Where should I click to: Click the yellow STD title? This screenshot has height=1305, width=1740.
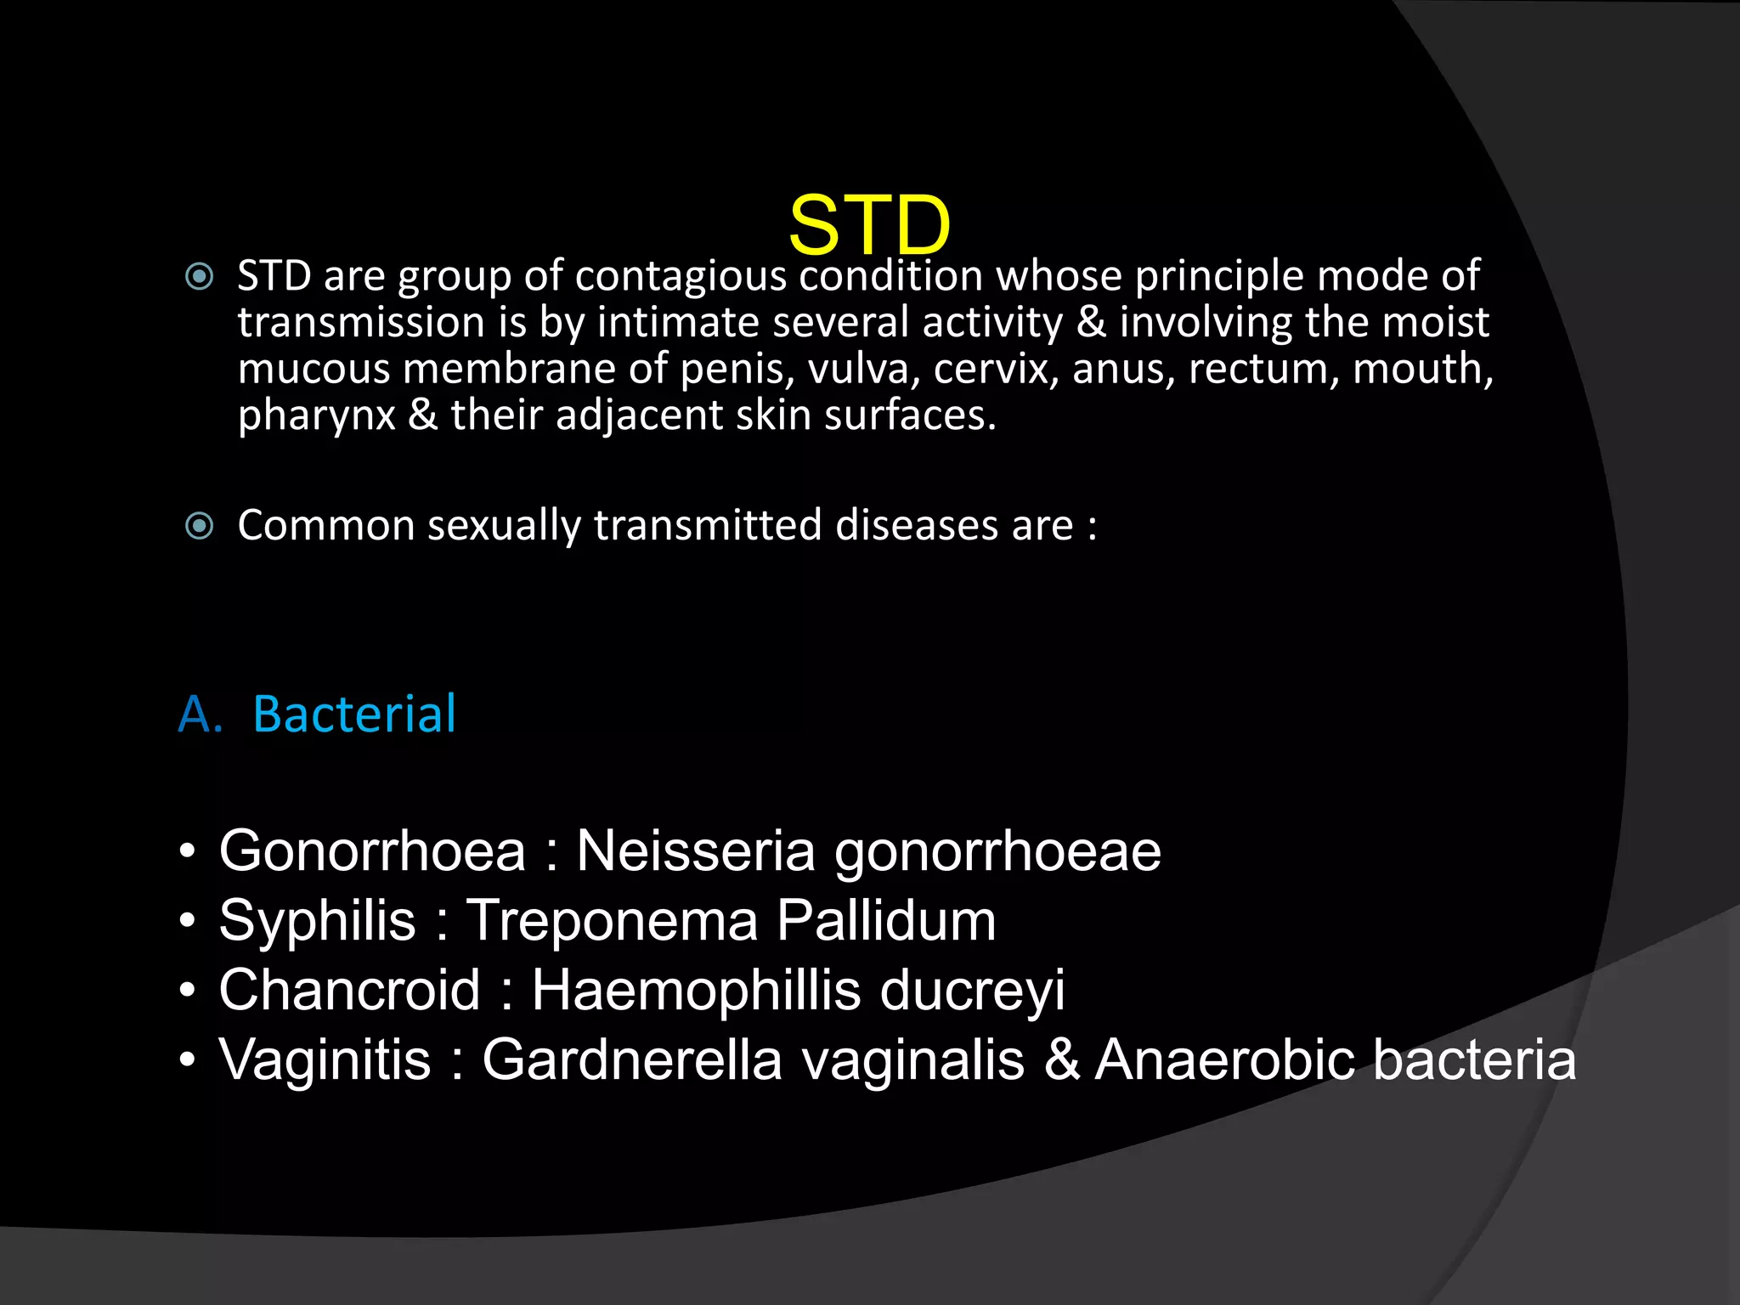[x=869, y=224]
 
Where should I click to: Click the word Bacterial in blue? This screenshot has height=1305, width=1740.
[x=354, y=714]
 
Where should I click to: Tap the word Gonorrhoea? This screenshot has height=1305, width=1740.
[x=372, y=850]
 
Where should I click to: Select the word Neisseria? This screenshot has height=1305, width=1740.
[x=696, y=850]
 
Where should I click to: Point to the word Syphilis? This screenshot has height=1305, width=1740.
[x=317, y=921]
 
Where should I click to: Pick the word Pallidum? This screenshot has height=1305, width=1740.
[x=886, y=921]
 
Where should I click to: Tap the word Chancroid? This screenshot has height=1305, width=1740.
[x=349, y=991]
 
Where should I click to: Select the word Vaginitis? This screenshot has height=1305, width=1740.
[x=325, y=1060]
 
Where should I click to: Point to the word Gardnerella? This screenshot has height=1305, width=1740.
[x=632, y=1060]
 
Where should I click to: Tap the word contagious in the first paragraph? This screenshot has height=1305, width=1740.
[x=681, y=277]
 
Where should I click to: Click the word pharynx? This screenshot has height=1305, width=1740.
[x=316, y=416]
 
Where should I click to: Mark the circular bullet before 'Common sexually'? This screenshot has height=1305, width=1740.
[x=200, y=526]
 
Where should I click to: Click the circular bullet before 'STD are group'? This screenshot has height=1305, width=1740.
[x=200, y=277]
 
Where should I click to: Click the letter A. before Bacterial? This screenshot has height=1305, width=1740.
[x=200, y=714]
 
